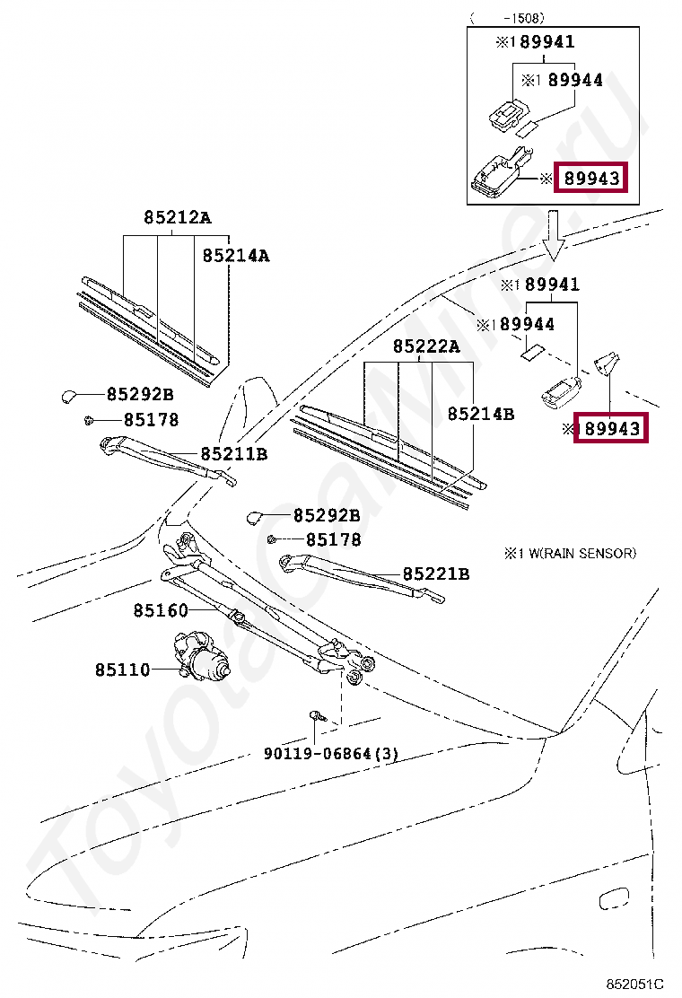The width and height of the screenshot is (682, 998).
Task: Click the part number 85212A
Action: click(x=178, y=218)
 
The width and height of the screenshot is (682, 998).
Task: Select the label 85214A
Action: click(x=235, y=256)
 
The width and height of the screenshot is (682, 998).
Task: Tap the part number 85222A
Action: click(x=425, y=346)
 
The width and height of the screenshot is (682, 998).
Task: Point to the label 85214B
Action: click(x=481, y=414)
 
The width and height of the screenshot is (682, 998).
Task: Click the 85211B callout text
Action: click(x=233, y=454)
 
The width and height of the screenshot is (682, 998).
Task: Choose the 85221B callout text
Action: click(x=435, y=574)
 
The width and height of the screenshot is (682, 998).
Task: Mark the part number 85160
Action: click(x=161, y=611)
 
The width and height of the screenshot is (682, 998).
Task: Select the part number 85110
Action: click(x=123, y=670)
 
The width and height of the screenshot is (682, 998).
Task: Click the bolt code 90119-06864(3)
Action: click(x=330, y=754)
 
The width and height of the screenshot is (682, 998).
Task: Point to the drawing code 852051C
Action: click(x=635, y=985)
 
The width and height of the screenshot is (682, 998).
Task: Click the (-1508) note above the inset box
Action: click(x=507, y=16)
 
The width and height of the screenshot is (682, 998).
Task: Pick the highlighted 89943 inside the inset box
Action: click(x=590, y=179)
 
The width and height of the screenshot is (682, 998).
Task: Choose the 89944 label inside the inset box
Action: click(x=575, y=81)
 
